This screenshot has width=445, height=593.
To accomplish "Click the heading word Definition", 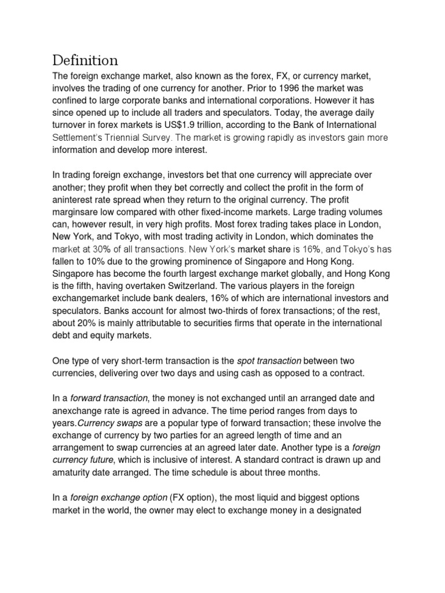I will (x=85, y=60).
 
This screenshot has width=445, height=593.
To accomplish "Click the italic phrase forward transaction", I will (x=108, y=398).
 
